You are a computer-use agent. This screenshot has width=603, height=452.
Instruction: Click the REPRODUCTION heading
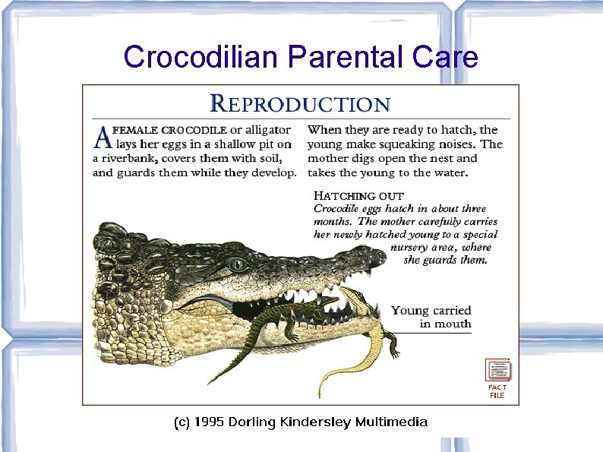(300, 103)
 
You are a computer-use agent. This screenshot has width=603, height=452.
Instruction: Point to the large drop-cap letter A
(102, 137)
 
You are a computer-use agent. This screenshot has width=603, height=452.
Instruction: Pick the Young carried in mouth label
(431, 317)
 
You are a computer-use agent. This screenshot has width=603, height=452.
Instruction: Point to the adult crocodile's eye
(240, 265)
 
